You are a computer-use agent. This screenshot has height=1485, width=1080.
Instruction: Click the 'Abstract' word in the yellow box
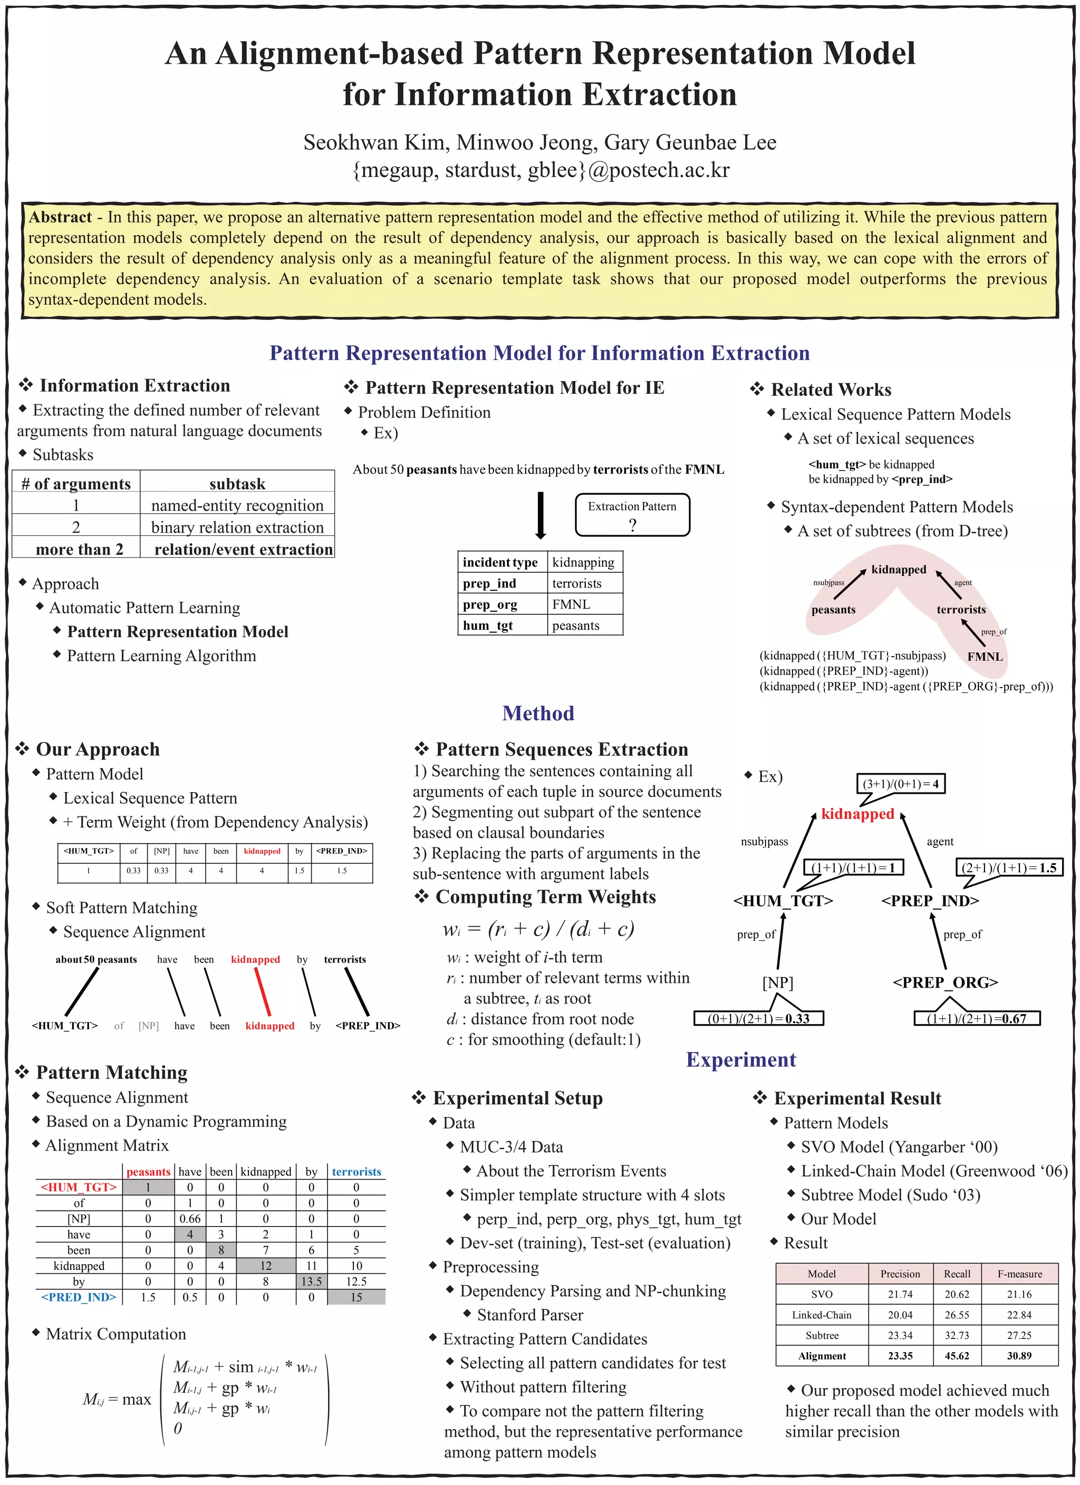point(60,217)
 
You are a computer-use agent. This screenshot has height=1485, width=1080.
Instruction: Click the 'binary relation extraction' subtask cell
point(237,527)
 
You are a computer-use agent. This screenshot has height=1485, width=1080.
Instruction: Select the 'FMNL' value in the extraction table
point(571,604)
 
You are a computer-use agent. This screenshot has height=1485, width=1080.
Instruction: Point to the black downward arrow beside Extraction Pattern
point(541,515)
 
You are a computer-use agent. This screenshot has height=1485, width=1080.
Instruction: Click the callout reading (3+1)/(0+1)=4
point(901,784)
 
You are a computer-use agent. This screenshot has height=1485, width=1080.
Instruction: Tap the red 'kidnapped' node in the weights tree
point(857,814)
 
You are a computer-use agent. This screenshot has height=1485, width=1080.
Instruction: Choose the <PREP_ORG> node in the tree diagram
point(945,982)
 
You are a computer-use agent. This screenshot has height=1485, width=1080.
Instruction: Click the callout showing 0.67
point(977,1018)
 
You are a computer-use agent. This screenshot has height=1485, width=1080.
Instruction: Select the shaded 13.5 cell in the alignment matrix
point(312,1281)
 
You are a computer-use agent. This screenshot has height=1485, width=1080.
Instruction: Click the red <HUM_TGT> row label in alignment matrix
point(79,1187)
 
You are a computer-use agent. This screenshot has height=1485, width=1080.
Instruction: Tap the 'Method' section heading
point(538,713)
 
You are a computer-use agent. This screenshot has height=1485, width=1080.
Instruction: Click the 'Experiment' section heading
point(741,1060)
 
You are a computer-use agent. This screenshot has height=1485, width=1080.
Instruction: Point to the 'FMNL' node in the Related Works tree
point(985,657)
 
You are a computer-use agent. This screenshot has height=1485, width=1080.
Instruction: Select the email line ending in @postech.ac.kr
point(541,170)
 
